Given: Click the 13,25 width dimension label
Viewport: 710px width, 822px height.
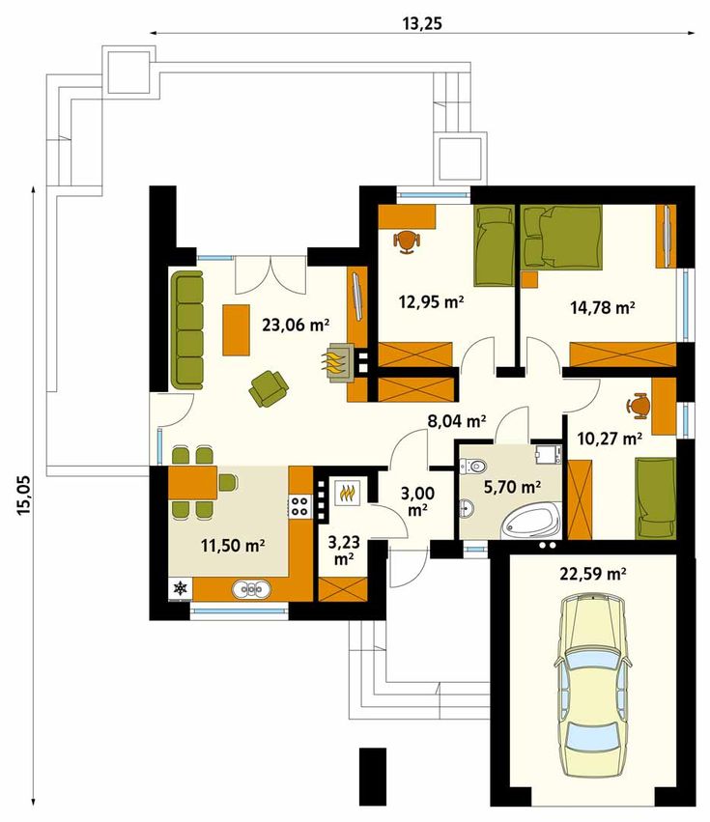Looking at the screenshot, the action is click(x=422, y=24).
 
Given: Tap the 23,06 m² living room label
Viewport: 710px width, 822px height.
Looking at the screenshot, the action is click(x=296, y=325).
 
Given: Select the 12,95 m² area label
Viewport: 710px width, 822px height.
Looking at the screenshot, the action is click(x=431, y=302).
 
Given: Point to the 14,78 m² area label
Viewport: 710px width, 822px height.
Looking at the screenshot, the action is click(x=603, y=307).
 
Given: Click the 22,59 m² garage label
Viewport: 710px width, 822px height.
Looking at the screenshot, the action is click(x=593, y=575).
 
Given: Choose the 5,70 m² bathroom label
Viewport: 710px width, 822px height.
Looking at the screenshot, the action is click(x=512, y=488).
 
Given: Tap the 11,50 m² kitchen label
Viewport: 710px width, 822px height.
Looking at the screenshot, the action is click(x=232, y=546).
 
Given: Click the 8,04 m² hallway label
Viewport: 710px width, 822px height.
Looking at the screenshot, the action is click(x=457, y=420).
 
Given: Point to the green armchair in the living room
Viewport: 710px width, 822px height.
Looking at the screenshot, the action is click(x=269, y=388).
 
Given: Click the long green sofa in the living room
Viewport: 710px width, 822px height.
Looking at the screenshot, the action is click(x=186, y=330).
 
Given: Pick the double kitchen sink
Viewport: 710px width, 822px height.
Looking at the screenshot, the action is click(x=252, y=589).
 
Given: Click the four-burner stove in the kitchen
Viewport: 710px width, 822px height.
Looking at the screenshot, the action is click(x=299, y=506).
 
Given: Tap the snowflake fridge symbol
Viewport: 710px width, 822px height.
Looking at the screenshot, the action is click(x=181, y=588).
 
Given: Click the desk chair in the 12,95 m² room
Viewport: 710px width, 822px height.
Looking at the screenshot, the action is click(x=407, y=242).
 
